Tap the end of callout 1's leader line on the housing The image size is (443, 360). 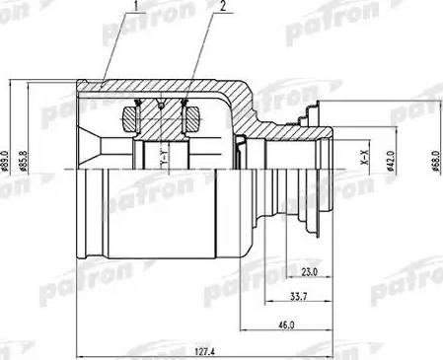[102, 84]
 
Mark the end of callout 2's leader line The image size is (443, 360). [185, 100]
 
